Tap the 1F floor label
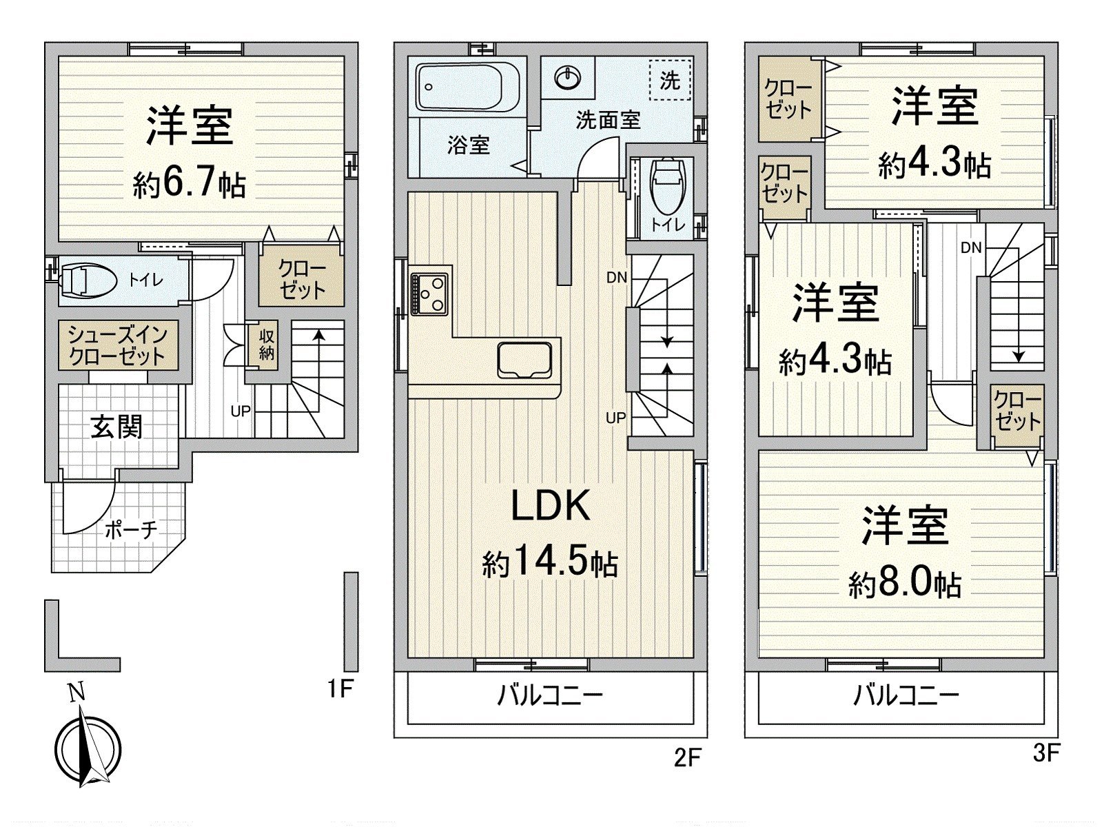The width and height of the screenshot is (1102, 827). pyautogui.click(x=340, y=689)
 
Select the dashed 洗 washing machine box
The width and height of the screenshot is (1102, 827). pyautogui.click(x=669, y=80)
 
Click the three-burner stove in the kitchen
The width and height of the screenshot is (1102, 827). pyautogui.click(x=429, y=294)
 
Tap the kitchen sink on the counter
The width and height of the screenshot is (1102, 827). pyautogui.click(x=527, y=360)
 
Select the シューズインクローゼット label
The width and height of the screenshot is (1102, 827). pyautogui.click(x=116, y=345)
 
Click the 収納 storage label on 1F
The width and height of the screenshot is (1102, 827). pyautogui.click(x=267, y=344)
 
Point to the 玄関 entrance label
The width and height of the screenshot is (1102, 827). pyautogui.click(x=116, y=427)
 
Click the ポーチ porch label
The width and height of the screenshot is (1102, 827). pyautogui.click(x=132, y=530)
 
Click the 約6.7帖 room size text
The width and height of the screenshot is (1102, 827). pyautogui.click(x=189, y=184)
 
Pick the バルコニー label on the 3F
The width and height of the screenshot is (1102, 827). pyautogui.click(x=906, y=695)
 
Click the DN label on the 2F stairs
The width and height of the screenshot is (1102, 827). pyautogui.click(x=616, y=277)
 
